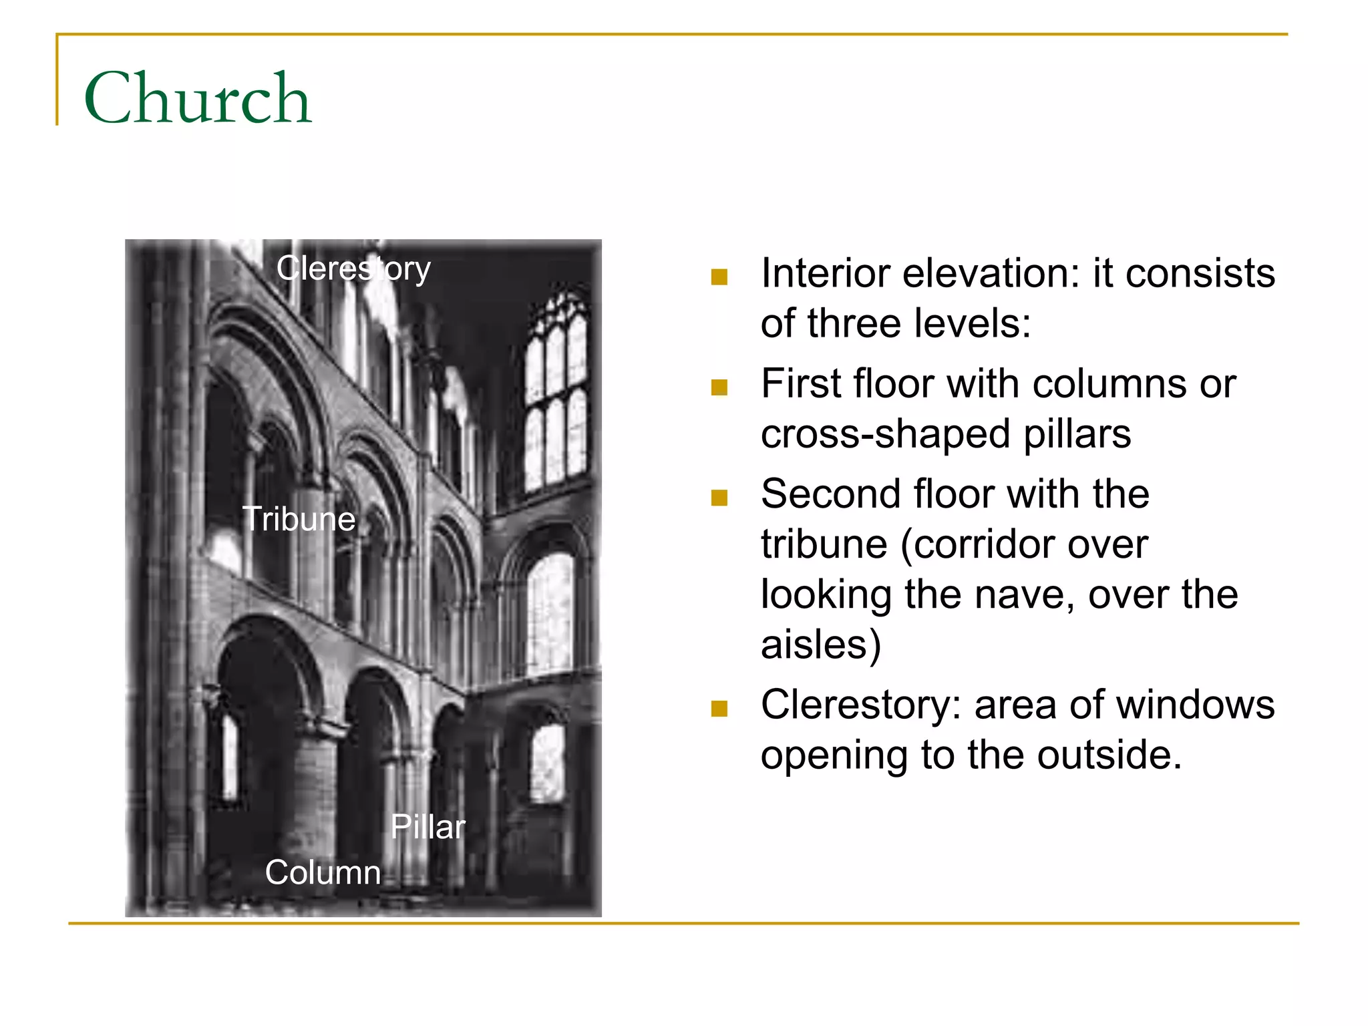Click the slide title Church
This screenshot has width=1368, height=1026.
click(x=198, y=98)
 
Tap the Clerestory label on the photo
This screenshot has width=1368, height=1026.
click(x=353, y=269)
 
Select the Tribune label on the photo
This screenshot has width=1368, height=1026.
click(x=299, y=519)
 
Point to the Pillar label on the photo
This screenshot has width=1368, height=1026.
click(x=427, y=827)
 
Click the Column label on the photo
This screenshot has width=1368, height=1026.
click(x=323, y=872)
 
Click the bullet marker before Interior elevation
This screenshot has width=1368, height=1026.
click(x=719, y=277)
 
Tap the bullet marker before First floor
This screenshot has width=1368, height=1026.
click(x=719, y=387)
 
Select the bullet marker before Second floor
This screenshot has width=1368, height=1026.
click(x=719, y=498)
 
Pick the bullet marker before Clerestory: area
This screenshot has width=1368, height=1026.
click(x=719, y=708)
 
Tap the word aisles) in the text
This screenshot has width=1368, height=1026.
click(x=821, y=645)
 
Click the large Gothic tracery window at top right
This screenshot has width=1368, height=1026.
click(x=556, y=394)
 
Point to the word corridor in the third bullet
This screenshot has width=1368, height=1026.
click(x=1024, y=544)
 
